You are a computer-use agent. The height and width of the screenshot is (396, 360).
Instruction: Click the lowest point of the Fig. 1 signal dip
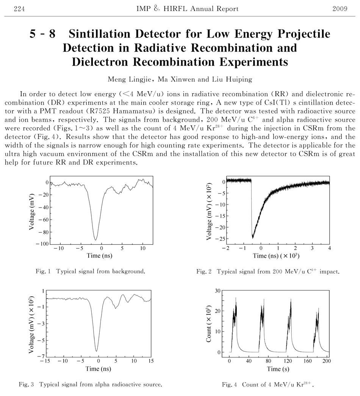[x=95, y=240]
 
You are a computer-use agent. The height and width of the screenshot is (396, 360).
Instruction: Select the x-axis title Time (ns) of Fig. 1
[x=99, y=256]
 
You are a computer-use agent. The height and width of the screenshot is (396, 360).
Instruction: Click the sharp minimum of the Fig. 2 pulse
[x=252, y=238]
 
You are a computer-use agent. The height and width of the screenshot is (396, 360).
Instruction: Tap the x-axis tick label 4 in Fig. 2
[x=329, y=248]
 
